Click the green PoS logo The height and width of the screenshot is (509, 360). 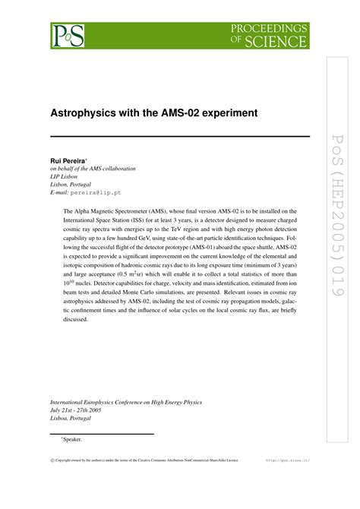67,35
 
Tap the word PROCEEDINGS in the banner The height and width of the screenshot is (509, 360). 271,27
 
